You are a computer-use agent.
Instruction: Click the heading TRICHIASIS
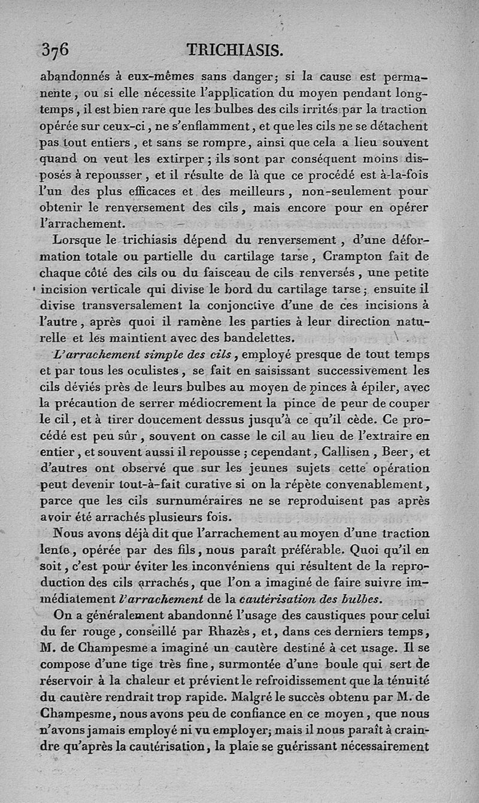(x=234, y=50)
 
